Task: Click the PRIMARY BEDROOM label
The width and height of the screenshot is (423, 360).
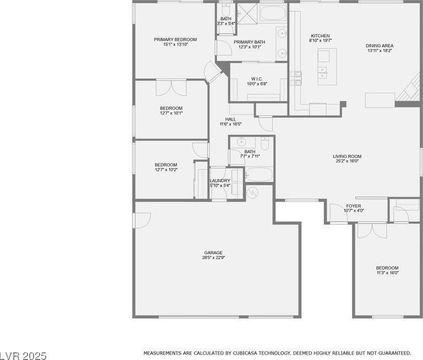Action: (x=175, y=40)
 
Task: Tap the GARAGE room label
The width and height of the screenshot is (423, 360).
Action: (x=213, y=253)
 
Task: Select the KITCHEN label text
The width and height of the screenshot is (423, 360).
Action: (x=320, y=36)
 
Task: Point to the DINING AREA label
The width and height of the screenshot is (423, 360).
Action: (x=379, y=46)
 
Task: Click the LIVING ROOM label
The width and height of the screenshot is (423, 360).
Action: (x=347, y=156)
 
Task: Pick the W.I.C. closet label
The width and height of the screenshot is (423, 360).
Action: (x=257, y=79)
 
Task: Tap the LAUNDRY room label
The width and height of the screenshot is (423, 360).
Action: (x=220, y=181)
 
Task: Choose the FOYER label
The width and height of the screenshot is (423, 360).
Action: (x=354, y=206)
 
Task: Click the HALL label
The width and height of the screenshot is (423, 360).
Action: (x=231, y=119)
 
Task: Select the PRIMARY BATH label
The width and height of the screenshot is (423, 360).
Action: (x=250, y=42)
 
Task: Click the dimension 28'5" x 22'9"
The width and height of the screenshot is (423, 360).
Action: (x=213, y=258)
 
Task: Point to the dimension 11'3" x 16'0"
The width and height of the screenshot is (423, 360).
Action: (x=387, y=272)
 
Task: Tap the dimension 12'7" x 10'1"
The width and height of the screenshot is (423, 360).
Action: (x=171, y=113)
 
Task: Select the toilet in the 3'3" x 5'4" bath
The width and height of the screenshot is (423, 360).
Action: (x=225, y=10)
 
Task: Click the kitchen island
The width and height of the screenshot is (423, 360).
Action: (x=327, y=67)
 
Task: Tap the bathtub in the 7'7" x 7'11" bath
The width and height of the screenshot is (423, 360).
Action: (x=259, y=174)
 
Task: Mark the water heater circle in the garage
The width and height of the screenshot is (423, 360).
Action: (x=252, y=193)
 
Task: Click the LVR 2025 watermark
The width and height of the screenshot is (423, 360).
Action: (x=23, y=356)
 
